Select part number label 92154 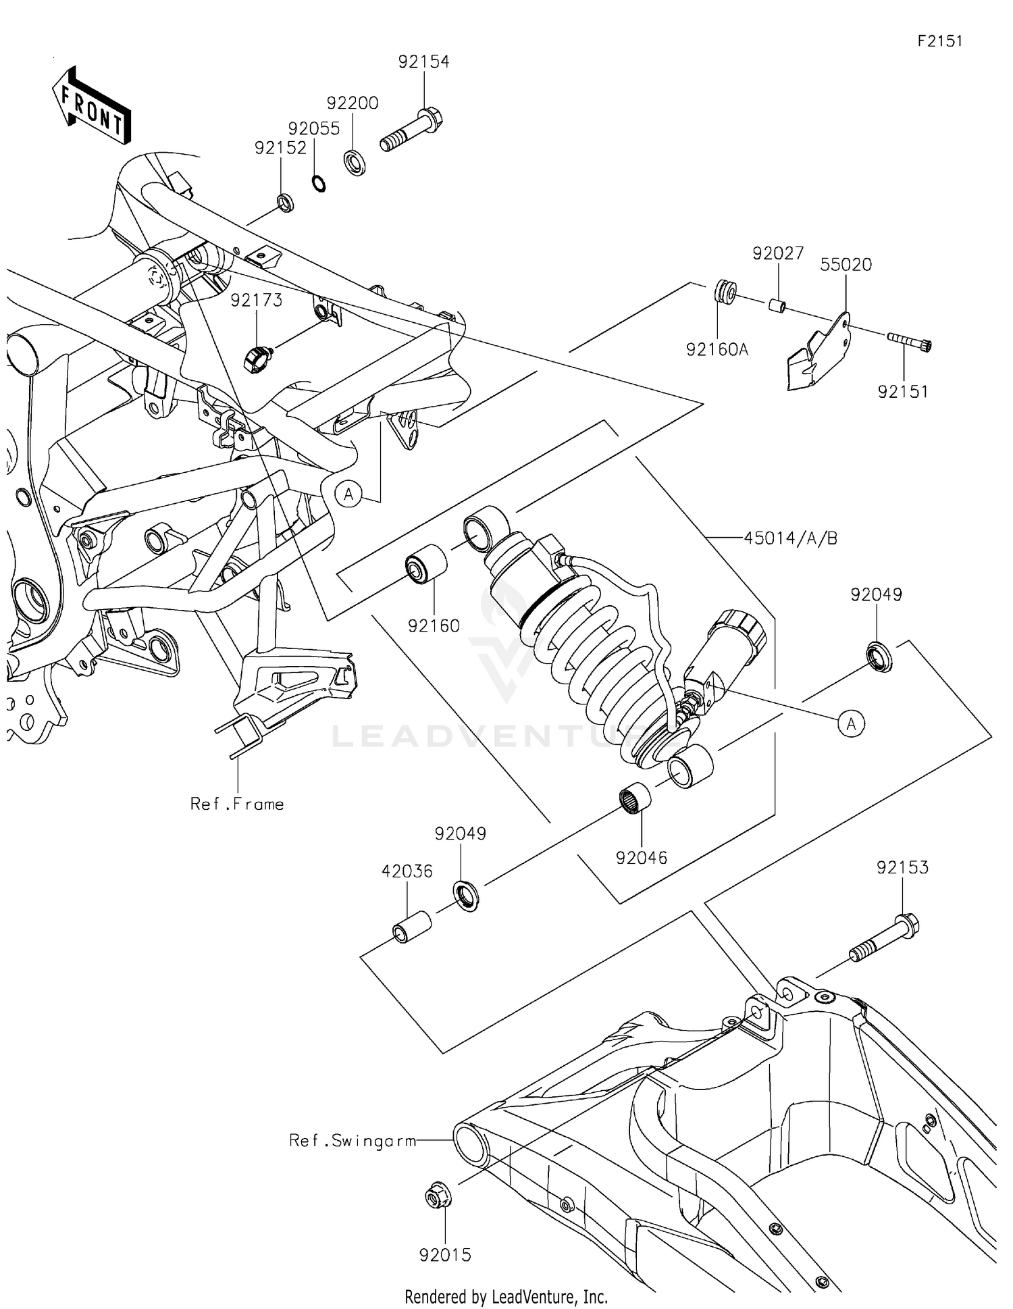coord(423,61)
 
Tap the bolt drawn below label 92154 coord(410,132)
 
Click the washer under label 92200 coord(355,163)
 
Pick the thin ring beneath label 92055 coord(319,183)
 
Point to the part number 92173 coord(256,300)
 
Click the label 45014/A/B coord(790,538)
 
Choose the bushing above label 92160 coord(425,563)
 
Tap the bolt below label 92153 coord(884,938)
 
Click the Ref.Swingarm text coord(352,1141)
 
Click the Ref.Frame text coord(236,804)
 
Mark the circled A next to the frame coord(348,494)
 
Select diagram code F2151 coord(939,41)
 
